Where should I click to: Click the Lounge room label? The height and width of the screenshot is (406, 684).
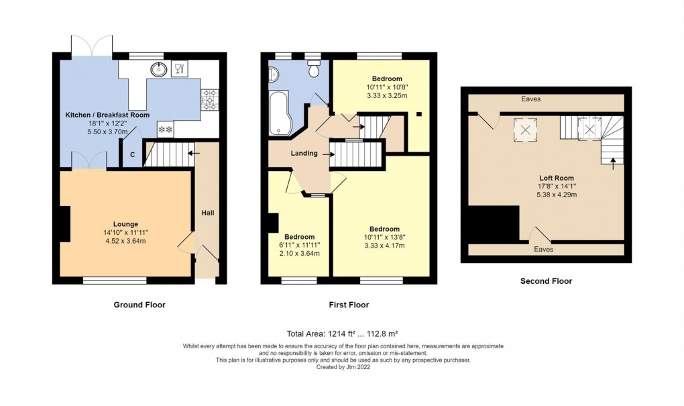[125, 224]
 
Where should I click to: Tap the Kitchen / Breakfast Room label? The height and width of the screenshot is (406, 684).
[107, 115]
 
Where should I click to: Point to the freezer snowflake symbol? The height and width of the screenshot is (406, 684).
[165, 130]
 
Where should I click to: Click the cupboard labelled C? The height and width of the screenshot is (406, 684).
[132, 155]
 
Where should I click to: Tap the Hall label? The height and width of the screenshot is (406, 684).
[208, 213]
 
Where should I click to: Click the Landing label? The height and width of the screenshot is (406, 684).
[304, 154]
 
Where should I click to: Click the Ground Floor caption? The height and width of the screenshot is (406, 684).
[139, 305]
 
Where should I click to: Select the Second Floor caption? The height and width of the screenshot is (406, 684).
[546, 281]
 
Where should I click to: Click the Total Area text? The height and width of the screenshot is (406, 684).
[343, 333]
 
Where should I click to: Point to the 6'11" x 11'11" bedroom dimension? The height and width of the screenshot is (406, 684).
[299, 245]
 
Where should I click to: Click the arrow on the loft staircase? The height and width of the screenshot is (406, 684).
[612, 160]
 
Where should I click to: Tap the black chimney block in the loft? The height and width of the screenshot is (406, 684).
[493, 223]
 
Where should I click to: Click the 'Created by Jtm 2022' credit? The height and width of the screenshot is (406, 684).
[343, 367]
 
